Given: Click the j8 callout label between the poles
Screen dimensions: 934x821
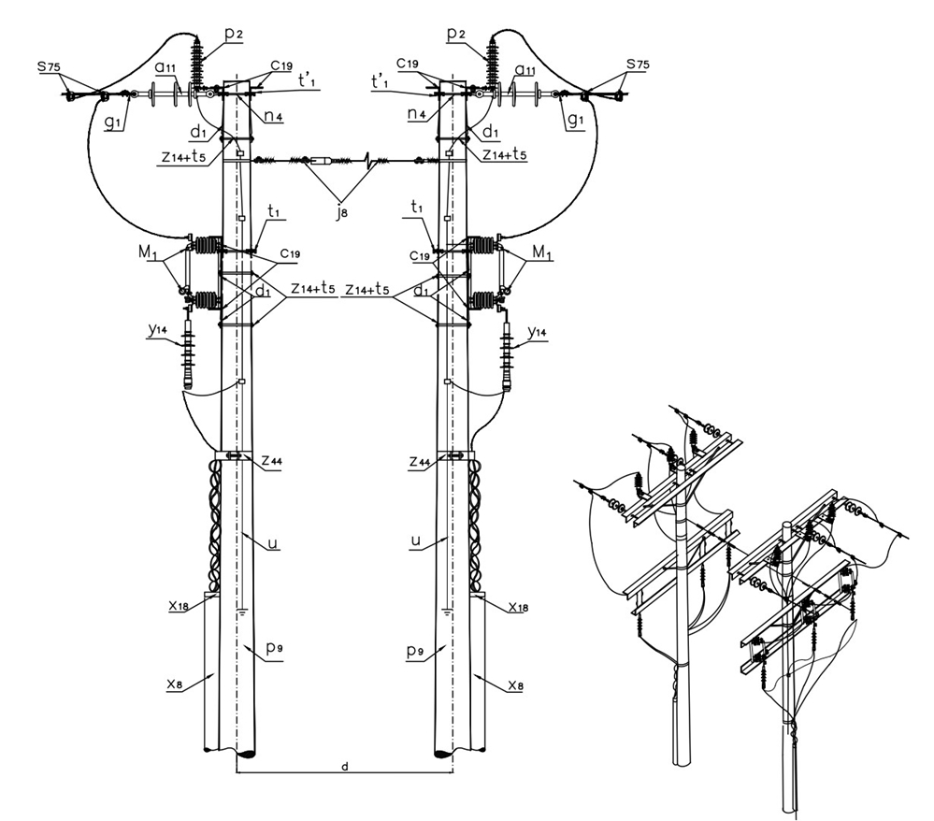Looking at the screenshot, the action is [340, 212].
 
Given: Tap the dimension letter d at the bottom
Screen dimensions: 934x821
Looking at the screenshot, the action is [344, 767].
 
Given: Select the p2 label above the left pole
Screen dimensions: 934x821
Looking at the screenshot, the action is [234, 34].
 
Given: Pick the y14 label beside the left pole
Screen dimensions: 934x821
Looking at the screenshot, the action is [158, 331].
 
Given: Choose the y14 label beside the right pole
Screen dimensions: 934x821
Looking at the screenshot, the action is [538, 332].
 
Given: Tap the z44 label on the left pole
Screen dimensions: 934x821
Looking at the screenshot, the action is [272, 461].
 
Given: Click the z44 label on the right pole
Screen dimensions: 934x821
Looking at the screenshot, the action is [420, 461].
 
